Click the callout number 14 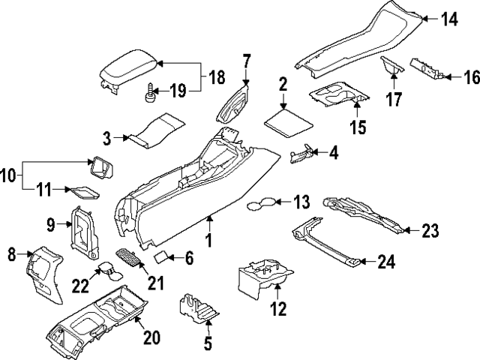coord(448,20)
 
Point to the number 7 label coord(247,60)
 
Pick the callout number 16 coord(470,76)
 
